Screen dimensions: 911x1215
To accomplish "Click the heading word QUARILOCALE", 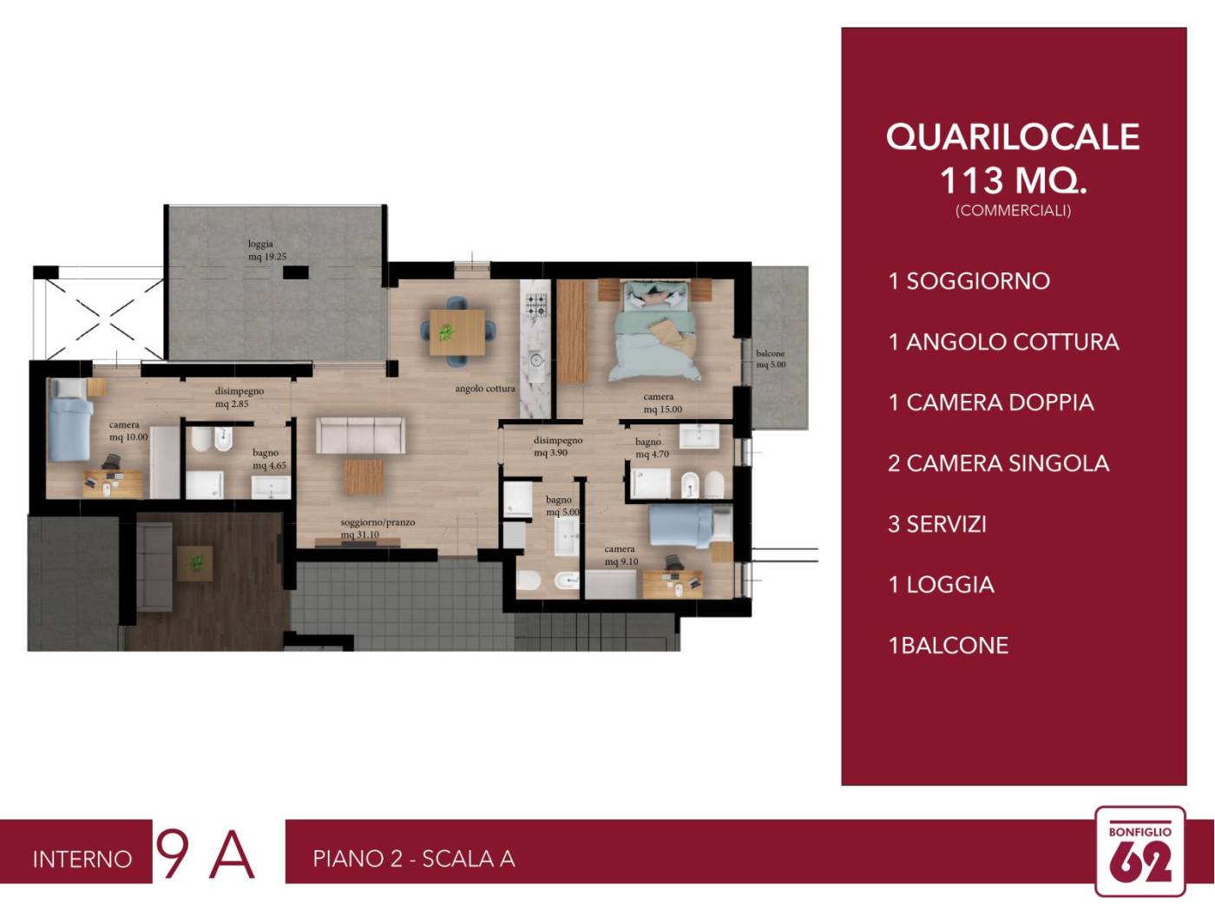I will click(1013, 137).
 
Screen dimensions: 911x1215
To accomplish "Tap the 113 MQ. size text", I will click(1013, 180).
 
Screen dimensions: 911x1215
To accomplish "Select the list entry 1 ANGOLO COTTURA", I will click(1003, 342).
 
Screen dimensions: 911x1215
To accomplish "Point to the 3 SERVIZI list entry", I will click(937, 524).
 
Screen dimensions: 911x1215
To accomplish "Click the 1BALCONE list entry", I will click(948, 646).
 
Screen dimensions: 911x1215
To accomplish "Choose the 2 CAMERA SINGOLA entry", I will click(998, 463).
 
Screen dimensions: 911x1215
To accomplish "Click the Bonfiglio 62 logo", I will click(1139, 852).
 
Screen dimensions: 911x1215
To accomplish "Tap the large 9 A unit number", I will click(205, 854).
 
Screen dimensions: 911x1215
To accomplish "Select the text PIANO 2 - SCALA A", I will click(414, 859).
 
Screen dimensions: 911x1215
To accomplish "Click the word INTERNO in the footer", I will click(82, 859).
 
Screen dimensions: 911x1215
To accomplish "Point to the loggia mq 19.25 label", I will click(266, 250).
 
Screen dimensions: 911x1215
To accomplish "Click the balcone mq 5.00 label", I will click(771, 358).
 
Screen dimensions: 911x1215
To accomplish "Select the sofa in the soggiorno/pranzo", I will click(360, 434).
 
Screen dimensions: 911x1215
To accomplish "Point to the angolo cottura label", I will click(485, 389).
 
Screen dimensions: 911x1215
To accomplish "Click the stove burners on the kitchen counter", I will click(536, 305).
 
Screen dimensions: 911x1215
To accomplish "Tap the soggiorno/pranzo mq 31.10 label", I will click(378, 528).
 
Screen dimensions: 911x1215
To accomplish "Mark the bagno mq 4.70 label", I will click(652, 448).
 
